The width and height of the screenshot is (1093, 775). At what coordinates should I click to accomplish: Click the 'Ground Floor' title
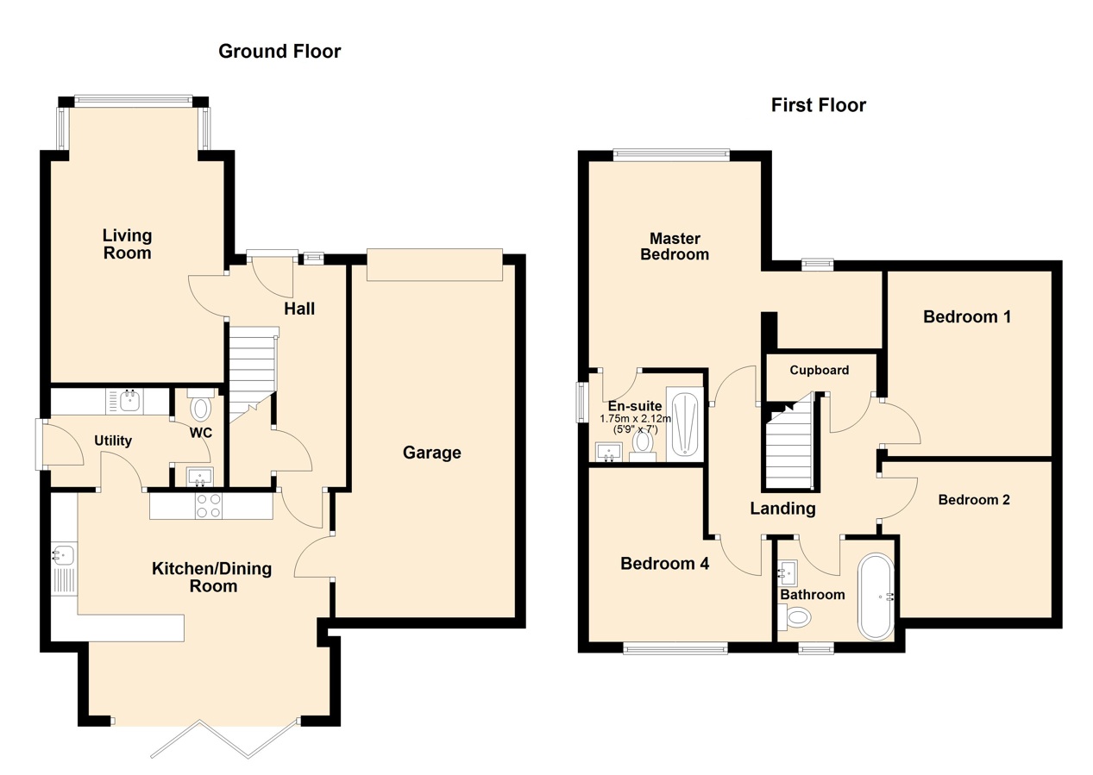[x=280, y=51]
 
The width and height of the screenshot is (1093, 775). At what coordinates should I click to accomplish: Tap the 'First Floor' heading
[x=819, y=105]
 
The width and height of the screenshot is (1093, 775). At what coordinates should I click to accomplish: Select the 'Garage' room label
[x=432, y=453]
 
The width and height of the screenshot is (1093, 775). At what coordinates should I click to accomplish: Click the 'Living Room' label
[x=128, y=244]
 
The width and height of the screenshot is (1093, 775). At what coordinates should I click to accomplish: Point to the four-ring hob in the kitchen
[x=209, y=505]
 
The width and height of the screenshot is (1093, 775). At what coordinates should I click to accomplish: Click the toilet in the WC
[x=200, y=404]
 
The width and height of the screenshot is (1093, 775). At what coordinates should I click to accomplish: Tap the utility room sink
[x=130, y=401]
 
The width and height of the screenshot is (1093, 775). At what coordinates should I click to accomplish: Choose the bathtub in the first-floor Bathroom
[x=876, y=596]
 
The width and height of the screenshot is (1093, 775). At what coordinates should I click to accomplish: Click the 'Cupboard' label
[x=820, y=370]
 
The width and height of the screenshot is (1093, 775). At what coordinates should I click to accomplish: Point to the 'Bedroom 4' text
[x=664, y=564]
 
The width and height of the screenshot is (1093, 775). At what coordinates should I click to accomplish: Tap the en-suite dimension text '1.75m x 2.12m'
[x=635, y=418]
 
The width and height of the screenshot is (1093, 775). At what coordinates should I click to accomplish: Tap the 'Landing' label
[x=782, y=509]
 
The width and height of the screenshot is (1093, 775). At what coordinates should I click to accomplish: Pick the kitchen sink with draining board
[x=64, y=568]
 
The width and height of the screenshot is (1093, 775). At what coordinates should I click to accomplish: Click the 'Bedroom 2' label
[x=974, y=500]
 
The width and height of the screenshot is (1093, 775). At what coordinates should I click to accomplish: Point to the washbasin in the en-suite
[x=609, y=452]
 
